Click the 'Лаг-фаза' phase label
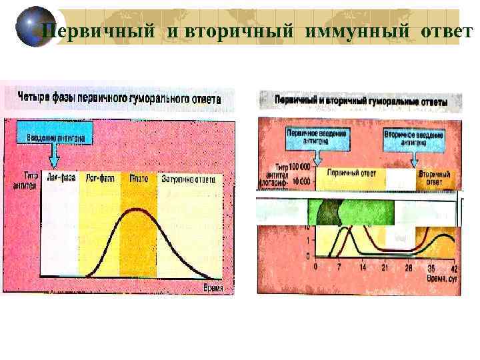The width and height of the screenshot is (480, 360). (61, 179)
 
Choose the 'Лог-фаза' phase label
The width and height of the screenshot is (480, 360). (100, 179)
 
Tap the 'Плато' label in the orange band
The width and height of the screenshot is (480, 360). (138, 179)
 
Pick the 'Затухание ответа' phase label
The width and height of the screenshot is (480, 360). (187, 179)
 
